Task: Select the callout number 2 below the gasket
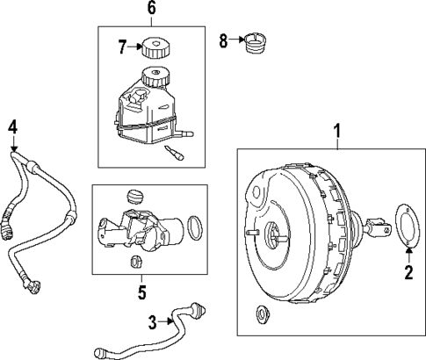(408, 272)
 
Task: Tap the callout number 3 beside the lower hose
(151, 322)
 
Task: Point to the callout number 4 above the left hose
(12, 126)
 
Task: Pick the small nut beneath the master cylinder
(135, 261)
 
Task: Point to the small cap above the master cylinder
(134, 195)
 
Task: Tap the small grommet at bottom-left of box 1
(260, 313)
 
